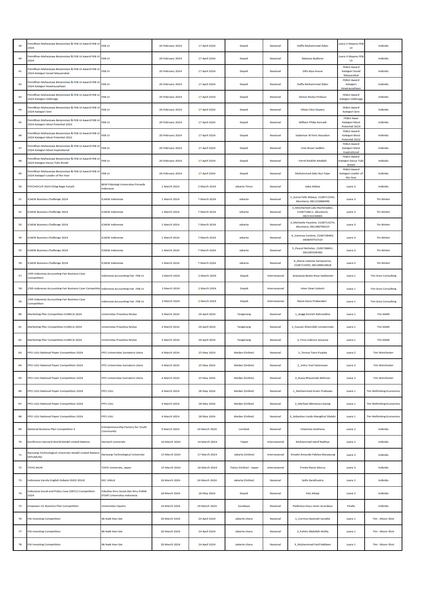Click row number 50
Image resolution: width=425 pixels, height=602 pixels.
tap(20, 186)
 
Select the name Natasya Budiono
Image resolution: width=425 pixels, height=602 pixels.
tap(312, 58)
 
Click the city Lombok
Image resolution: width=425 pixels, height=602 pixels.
tap(244, 429)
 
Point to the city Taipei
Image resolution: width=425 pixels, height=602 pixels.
tap(244, 442)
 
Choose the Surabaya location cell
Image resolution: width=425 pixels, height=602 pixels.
tap(244, 506)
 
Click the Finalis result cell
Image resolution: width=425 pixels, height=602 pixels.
tap(351, 506)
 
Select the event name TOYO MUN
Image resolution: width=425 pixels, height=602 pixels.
tap(35, 467)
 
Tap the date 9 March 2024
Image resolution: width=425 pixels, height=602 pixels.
tap(170, 429)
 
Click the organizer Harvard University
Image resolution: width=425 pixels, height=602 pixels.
tap(113, 442)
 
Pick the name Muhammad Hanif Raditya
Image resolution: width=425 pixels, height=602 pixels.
tap(312, 442)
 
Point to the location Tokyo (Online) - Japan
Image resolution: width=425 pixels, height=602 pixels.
tap(244, 467)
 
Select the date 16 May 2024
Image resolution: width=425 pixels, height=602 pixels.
tap(207, 493)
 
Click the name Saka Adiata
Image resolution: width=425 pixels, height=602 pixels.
tap(312, 186)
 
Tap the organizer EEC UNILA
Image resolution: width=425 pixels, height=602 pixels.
tap(108, 480)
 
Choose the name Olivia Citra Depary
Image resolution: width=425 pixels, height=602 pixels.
tap(312, 109)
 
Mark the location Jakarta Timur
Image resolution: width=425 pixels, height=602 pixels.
tap(244, 186)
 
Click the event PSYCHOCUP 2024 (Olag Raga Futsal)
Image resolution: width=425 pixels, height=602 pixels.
tap(51, 186)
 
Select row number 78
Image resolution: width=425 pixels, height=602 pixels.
tap(20, 544)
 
